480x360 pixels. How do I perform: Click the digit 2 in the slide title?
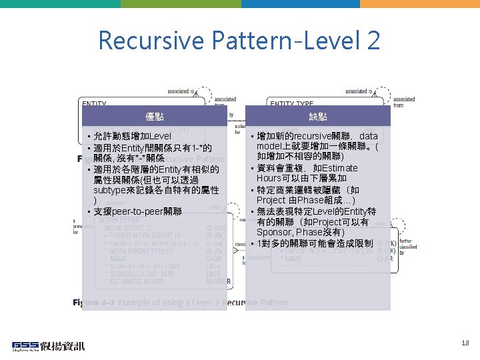pyautogui.click(x=372, y=41)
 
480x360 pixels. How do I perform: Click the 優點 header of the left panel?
pyautogui.click(x=154, y=117)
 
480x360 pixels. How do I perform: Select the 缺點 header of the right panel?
pyautogui.click(x=318, y=117)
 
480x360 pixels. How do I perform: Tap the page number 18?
pyautogui.click(x=465, y=343)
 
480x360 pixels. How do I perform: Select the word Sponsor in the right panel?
pyautogui.click(x=275, y=232)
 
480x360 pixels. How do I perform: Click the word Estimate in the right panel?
pyautogui.click(x=339, y=168)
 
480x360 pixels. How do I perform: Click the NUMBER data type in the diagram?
pyautogui.click(x=218, y=282)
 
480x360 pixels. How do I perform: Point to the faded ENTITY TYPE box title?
pyautogui.click(x=291, y=103)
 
